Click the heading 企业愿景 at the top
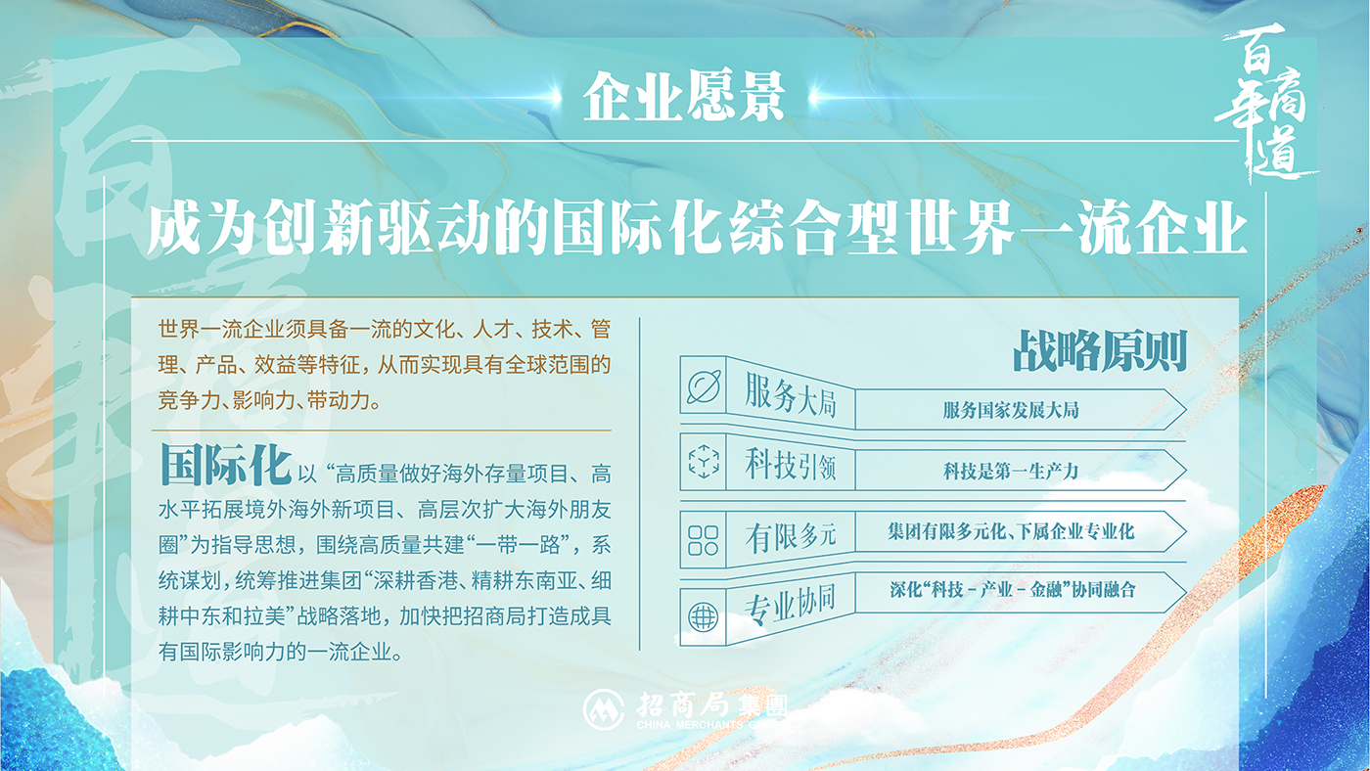click(x=684, y=97)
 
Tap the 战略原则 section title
click(x=1100, y=351)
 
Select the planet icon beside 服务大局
click(x=704, y=386)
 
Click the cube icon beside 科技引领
click(x=704, y=461)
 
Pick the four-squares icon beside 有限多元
click(x=704, y=540)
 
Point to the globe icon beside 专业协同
click(x=704, y=616)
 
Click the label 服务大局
click(x=791, y=395)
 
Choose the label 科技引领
click(x=791, y=466)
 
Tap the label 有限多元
click(x=791, y=537)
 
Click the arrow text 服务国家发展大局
click(x=1011, y=410)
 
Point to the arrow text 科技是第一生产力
click(x=1011, y=472)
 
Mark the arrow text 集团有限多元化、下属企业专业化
click(x=1011, y=531)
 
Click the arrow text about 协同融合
click(x=1013, y=590)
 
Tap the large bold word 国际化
click(x=226, y=465)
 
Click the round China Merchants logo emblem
click(x=604, y=709)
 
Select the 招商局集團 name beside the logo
click(x=712, y=705)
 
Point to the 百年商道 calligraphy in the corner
click(x=1263, y=103)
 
